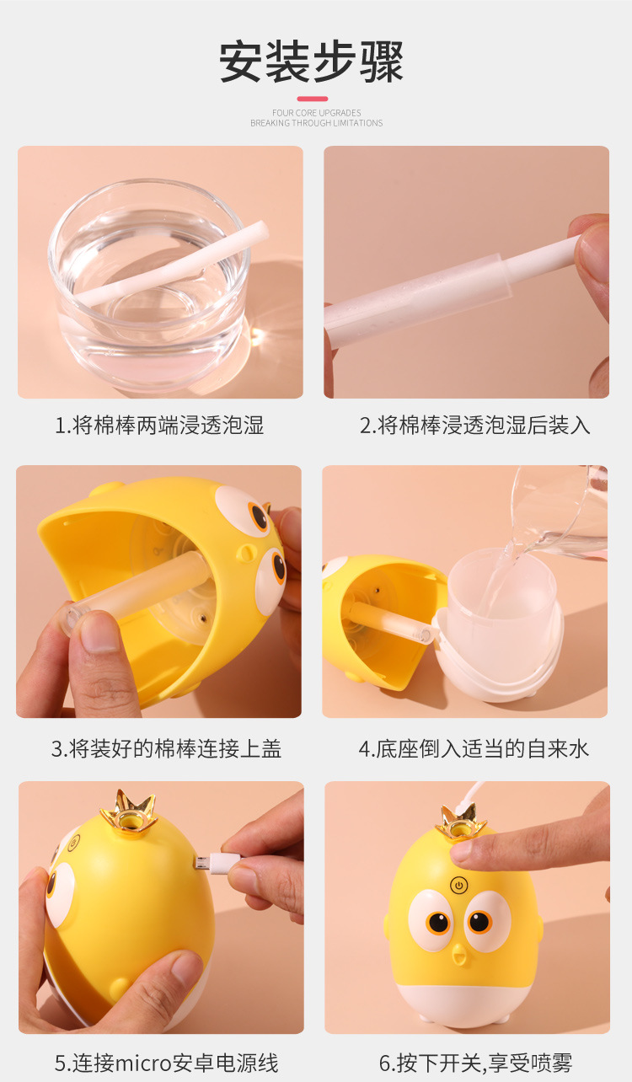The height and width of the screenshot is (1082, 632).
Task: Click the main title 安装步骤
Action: pos(312,62)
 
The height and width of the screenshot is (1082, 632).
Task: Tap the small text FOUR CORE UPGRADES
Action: pos(316,113)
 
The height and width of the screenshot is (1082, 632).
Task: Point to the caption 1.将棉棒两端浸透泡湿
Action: pos(159,426)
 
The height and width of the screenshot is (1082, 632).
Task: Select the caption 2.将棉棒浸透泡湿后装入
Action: pos(475,426)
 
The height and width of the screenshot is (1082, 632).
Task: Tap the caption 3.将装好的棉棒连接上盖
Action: pos(166,748)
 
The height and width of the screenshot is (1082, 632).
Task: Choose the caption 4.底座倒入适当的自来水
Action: pos(474,748)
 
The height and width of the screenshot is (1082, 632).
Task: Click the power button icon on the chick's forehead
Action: pos(459,886)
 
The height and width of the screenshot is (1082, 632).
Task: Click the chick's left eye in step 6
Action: pos(437,922)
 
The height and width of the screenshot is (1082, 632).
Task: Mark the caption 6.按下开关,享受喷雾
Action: pos(475,1063)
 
